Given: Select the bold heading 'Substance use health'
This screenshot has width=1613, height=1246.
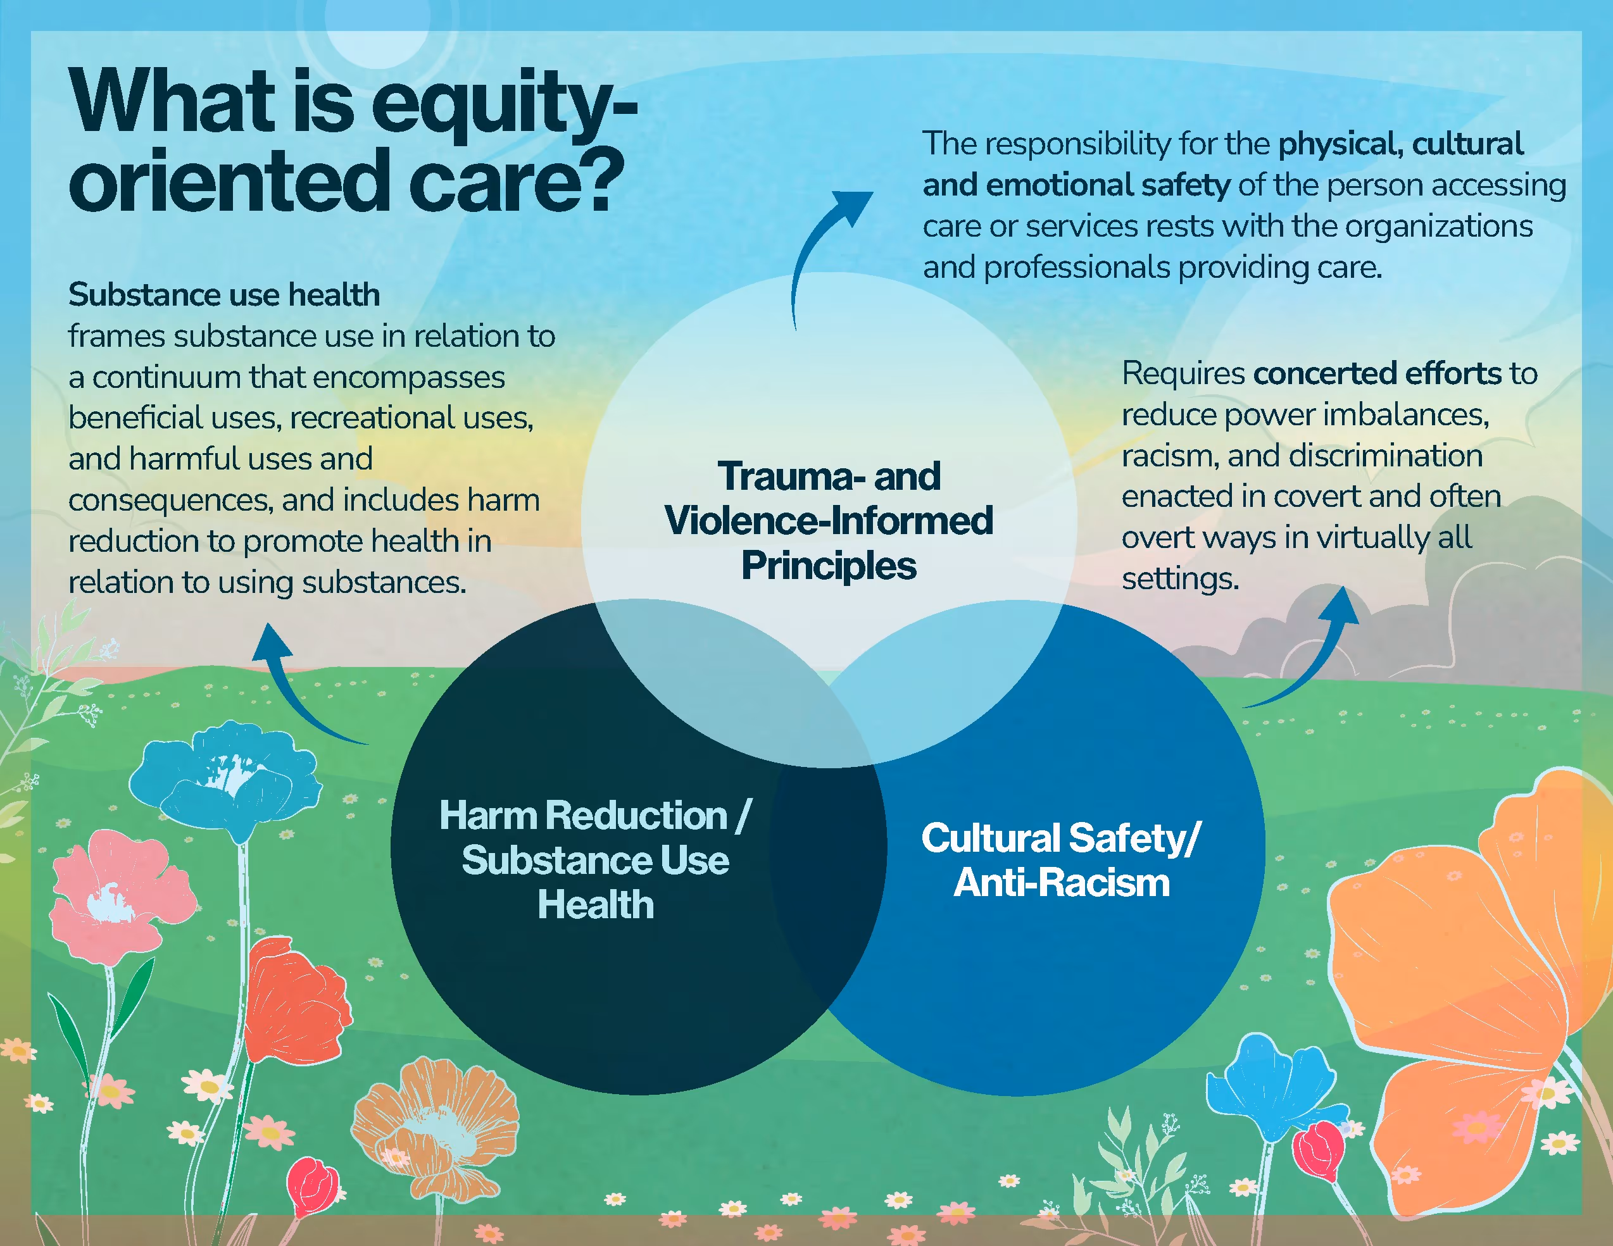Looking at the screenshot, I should [224, 294].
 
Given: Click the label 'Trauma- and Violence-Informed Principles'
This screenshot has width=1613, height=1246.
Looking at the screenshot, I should [829, 520].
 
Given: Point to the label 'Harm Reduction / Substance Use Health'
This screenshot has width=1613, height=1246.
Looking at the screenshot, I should [595, 860].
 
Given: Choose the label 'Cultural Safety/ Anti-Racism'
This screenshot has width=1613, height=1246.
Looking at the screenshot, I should [1061, 860].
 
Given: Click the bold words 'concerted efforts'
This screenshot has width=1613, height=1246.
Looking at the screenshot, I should [1378, 373].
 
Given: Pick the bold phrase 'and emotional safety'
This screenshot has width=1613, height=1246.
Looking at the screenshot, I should [1076, 185].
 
